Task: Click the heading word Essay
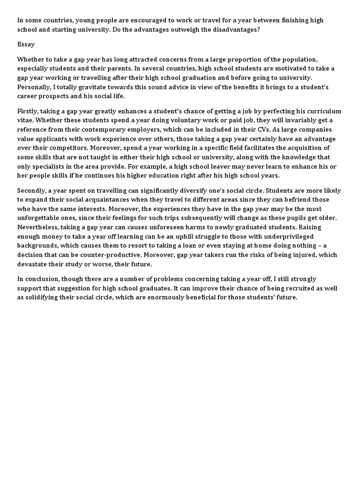26,45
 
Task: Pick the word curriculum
322,111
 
